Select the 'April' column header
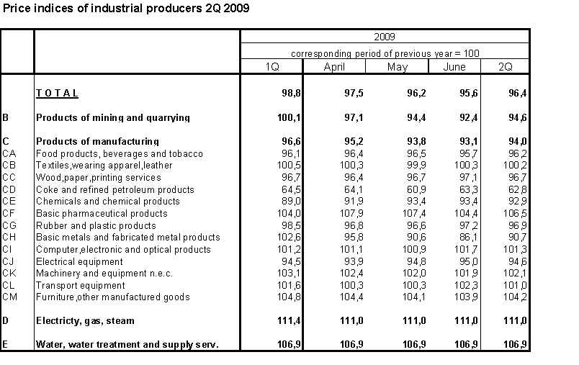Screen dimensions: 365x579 pyautogui.click(x=334, y=67)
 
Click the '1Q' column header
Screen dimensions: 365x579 pyautogui.click(x=272, y=67)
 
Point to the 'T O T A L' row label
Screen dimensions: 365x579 pyautogui.click(x=57, y=93)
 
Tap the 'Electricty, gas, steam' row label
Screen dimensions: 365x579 pyautogui.click(x=85, y=320)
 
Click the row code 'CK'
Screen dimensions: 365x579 pyautogui.click(x=9, y=274)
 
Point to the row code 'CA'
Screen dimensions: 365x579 pyautogui.click(x=9, y=153)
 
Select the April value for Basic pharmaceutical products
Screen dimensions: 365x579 pyautogui.click(x=341, y=213)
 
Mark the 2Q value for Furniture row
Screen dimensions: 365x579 pyautogui.click(x=517, y=297)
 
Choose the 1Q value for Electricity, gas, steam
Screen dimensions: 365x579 pyautogui.click(x=278, y=320)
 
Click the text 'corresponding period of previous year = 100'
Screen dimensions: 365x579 pyautogui.click(x=385, y=53)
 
